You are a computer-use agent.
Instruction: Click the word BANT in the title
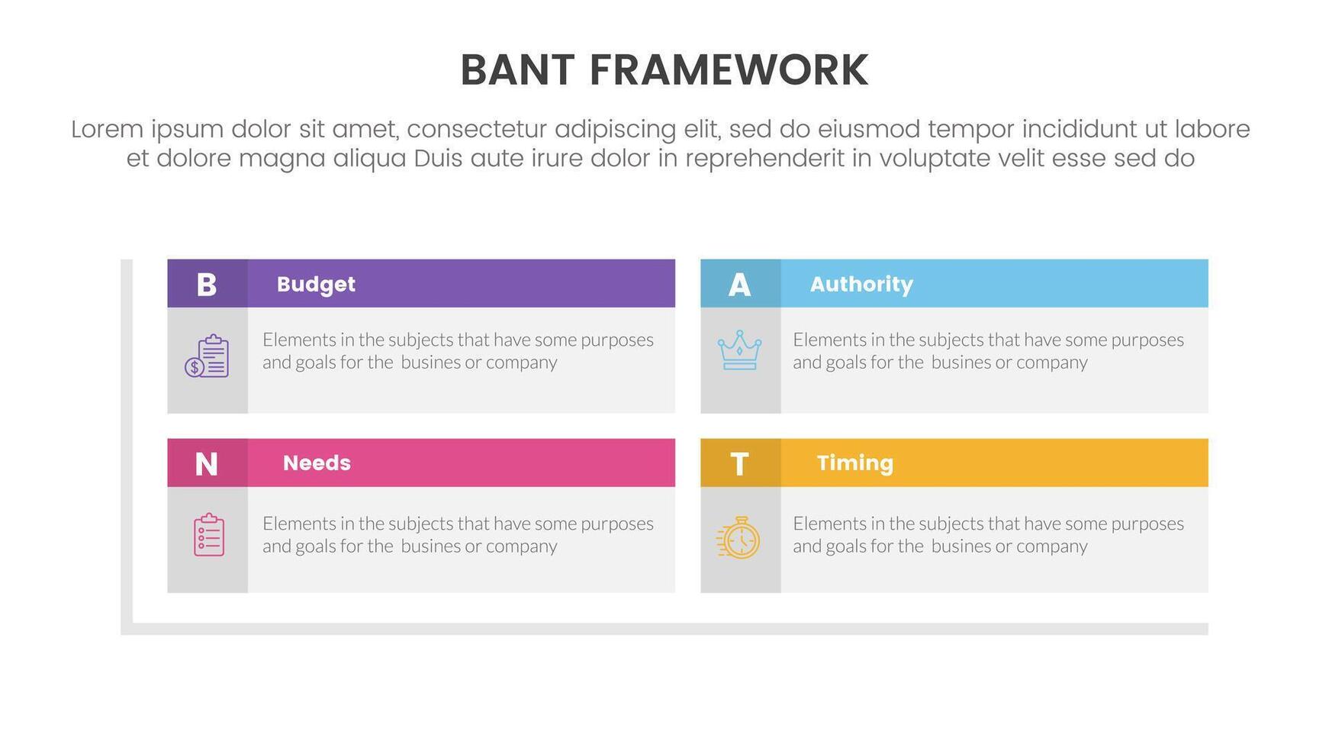click(x=517, y=70)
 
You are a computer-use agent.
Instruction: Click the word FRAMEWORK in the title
click(x=729, y=70)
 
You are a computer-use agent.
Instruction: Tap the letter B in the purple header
click(x=207, y=285)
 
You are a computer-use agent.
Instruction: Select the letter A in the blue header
click(x=739, y=285)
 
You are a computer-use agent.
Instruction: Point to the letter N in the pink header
click(x=207, y=464)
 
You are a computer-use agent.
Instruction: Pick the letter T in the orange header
click(x=739, y=464)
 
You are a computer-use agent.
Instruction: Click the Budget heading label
click(x=316, y=285)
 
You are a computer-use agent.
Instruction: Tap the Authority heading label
click(x=861, y=285)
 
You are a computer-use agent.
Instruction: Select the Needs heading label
click(x=317, y=463)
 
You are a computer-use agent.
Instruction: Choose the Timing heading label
click(x=854, y=463)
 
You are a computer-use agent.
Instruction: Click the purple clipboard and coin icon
click(x=207, y=356)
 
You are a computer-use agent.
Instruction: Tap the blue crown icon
click(x=739, y=350)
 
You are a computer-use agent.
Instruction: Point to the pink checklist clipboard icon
click(x=209, y=535)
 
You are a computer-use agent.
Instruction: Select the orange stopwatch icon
click(x=739, y=537)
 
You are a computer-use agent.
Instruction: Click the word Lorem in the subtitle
click(x=107, y=129)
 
